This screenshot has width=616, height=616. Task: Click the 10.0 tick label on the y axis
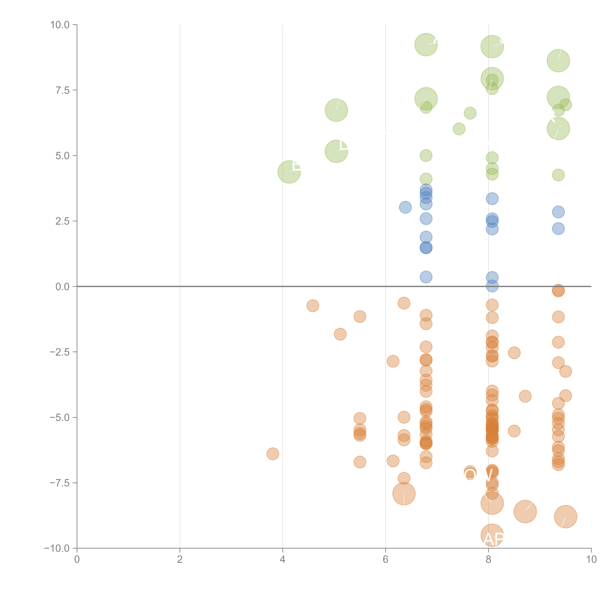[60, 25]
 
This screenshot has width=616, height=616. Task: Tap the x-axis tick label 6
[385, 560]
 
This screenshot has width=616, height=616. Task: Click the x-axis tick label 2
[180, 560]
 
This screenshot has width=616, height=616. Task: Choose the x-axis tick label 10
[591, 560]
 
